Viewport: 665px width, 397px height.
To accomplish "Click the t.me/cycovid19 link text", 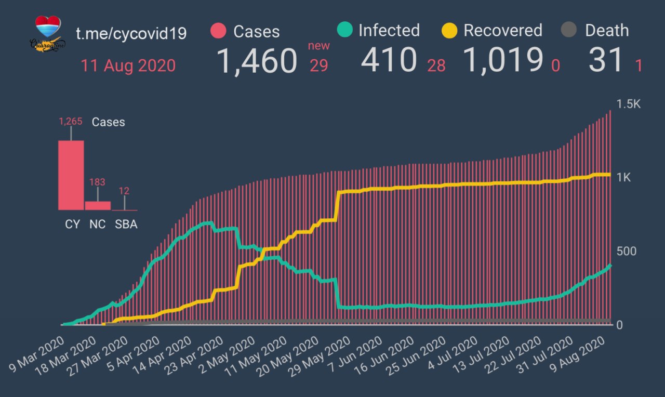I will click(131, 33).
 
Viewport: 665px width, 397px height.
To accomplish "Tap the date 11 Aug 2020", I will click(128, 66).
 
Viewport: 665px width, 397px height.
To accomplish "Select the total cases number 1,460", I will click(257, 61).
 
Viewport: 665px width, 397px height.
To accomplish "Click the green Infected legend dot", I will click(344, 30).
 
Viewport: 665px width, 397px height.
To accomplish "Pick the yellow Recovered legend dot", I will click(449, 30).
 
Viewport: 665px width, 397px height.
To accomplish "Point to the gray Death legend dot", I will click(569, 30).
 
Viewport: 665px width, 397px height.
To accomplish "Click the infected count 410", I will click(390, 60).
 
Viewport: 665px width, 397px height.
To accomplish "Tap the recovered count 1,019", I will click(503, 60).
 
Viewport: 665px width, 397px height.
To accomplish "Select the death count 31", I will click(606, 60).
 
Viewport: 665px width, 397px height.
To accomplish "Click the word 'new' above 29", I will click(318, 46).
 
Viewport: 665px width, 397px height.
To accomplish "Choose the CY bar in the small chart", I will click(71, 175).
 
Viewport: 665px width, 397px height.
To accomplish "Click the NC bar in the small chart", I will click(98, 205).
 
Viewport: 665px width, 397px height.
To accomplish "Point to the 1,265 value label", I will click(71, 122).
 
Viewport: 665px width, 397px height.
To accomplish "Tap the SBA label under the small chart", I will click(126, 224).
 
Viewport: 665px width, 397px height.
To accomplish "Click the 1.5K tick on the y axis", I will click(629, 104).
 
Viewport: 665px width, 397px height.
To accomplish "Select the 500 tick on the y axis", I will click(626, 251).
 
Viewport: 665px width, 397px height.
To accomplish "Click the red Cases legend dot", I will click(219, 31).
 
